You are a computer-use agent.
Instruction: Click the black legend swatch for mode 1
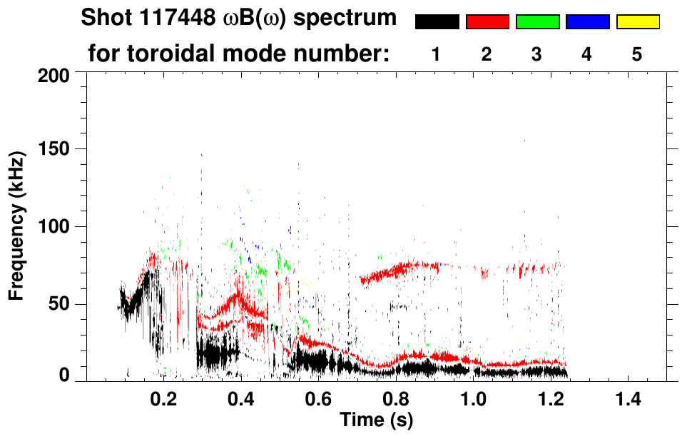pyautogui.click(x=437, y=22)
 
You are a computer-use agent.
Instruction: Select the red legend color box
pyautogui.click(x=487, y=22)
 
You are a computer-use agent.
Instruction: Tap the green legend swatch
pyautogui.click(x=537, y=22)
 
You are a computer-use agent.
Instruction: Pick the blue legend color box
pyautogui.click(x=587, y=22)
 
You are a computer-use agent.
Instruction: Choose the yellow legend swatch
pyautogui.click(x=638, y=22)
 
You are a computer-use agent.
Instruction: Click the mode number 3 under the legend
pyautogui.click(x=536, y=54)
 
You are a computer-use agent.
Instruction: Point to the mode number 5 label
pyautogui.click(x=637, y=54)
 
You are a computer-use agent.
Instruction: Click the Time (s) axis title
pyautogui.click(x=375, y=420)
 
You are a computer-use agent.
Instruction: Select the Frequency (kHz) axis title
pyautogui.click(x=17, y=225)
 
